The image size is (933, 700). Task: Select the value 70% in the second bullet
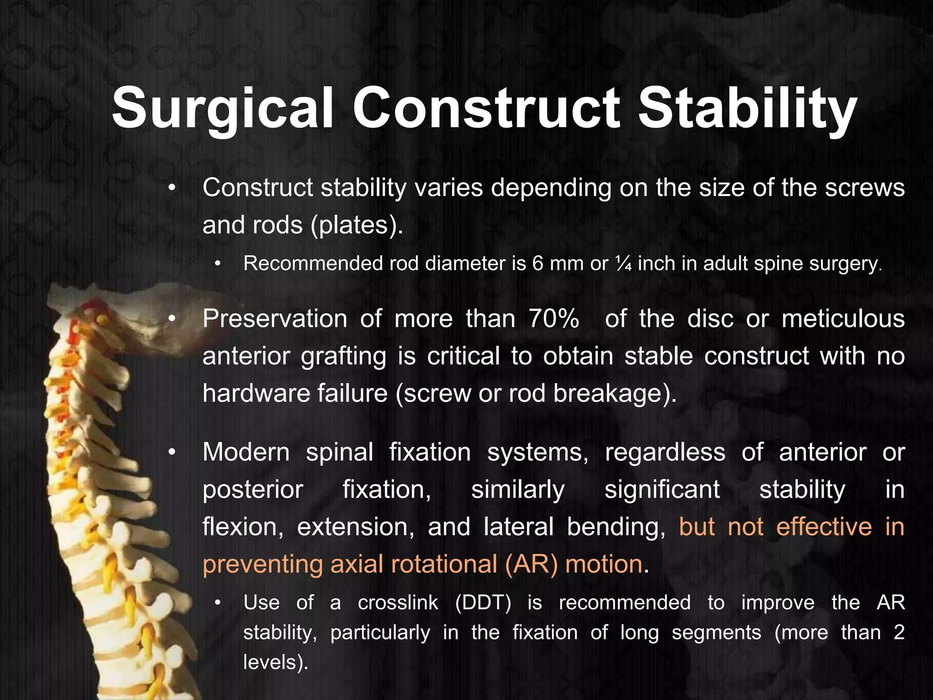(x=554, y=319)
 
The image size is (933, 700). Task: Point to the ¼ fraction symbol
(x=623, y=264)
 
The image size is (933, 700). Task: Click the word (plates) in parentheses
(x=355, y=225)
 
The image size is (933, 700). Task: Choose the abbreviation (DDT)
(x=483, y=603)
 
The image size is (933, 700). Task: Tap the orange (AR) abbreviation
(x=531, y=564)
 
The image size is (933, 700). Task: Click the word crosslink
(x=398, y=603)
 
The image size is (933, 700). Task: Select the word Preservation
(x=275, y=319)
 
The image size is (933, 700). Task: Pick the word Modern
(x=246, y=453)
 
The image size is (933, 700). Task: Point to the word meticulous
(x=843, y=319)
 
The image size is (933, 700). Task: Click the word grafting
(x=343, y=356)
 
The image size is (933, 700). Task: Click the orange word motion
(x=604, y=564)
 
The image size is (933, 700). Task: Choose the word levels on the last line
(x=273, y=662)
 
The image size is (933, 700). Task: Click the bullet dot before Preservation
(x=171, y=319)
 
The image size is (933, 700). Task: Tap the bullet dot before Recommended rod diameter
(x=218, y=264)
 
